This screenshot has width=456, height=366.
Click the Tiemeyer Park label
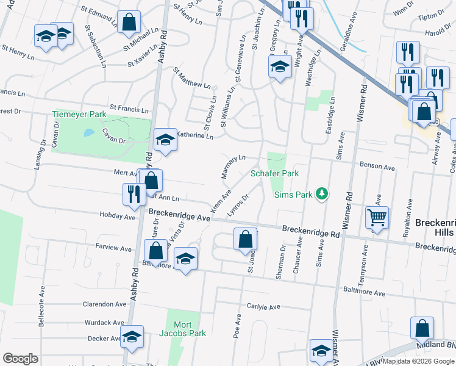pyautogui.click(x=79, y=114)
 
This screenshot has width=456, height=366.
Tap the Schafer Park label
pyautogui.click(x=274, y=174)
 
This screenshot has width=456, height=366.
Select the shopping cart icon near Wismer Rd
pyautogui.click(x=377, y=217)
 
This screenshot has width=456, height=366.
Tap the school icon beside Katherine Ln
pyautogui.click(x=165, y=140)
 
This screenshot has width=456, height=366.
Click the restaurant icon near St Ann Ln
pyautogui.click(x=134, y=193)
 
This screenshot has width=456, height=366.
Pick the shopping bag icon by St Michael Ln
pyautogui.click(x=129, y=22)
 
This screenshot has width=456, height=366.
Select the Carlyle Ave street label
pyautogui.click(x=263, y=307)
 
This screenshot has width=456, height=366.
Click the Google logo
pyautogui.click(x=20, y=359)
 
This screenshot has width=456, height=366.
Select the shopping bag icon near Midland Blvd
pyautogui.click(x=422, y=328)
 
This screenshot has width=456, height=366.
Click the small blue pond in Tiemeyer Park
pyautogui.click(x=89, y=132)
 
